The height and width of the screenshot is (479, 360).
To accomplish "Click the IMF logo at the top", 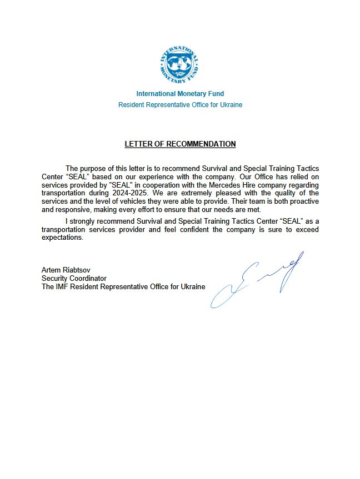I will click(180, 64).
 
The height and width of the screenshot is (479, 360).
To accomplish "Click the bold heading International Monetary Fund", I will click(180, 94).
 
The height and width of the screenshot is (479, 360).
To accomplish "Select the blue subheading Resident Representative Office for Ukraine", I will click(180, 105).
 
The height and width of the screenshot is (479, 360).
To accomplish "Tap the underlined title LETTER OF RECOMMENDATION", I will click(180, 144).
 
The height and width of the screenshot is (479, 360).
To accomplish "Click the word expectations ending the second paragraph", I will click(62, 238).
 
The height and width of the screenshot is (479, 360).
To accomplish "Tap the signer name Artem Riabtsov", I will click(61, 270).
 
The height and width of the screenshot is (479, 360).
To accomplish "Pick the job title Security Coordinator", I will click(74, 279).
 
